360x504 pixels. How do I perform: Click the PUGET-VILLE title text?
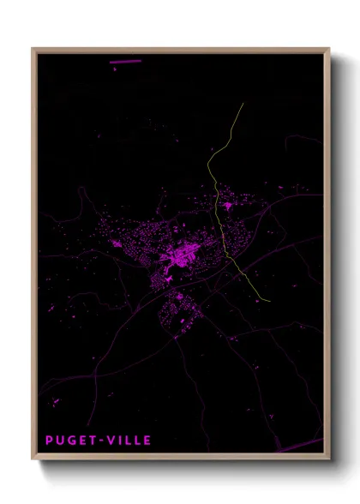[x=99, y=441]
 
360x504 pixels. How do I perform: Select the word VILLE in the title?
[x=129, y=441]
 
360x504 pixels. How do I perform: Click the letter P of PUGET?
[x=50, y=441]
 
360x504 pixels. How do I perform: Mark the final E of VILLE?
[x=147, y=441]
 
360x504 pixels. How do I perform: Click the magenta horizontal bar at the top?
[x=125, y=62]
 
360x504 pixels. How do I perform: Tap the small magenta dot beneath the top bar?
[x=113, y=68]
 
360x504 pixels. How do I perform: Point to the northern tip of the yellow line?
[x=243, y=104]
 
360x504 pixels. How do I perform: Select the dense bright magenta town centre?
[x=184, y=254]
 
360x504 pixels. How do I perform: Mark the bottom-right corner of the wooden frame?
[x=329, y=460]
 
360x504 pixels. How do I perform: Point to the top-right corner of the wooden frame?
[x=329, y=49]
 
